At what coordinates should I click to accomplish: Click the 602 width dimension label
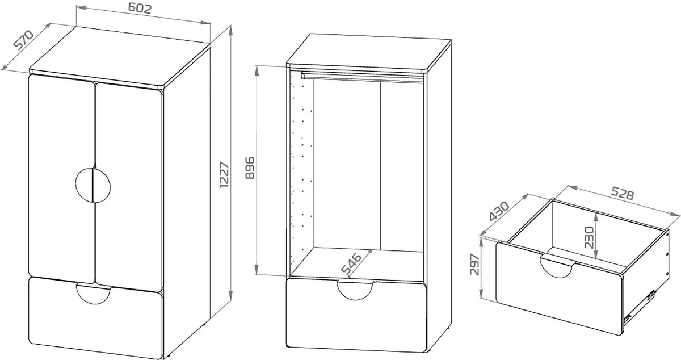pyautogui.click(x=140, y=8)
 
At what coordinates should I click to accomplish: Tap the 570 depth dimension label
pyautogui.click(x=24, y=39)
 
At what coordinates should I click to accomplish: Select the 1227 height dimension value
pyautogui.click(x=224, y=175)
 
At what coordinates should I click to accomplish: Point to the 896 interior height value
pyautogui.click(x=250, y=168)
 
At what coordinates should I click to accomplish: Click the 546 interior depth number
pyautogui.click(x=351, y=263)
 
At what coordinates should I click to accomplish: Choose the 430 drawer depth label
pyautogui.click(x=499, y=211)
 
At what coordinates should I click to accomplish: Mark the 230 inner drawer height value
pyautogui.click(x=589, y=237)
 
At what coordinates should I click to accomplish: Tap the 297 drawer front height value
pyautogui.click(x=474, y=264)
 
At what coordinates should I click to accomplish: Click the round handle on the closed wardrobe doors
pyautogui.click(x=93, y=185)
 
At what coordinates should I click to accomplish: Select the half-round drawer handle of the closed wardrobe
pyautogui.click(x=94, y=294)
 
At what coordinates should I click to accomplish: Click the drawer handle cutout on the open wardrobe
pyautogui.click(x=355, y=291)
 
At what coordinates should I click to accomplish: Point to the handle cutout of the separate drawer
pyautogui.click(x=556, y=267)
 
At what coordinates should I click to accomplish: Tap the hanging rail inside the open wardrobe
pyautogui.click(x=362, y=77)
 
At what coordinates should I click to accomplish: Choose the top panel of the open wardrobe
pyautogui.click(x=369, y=53)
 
